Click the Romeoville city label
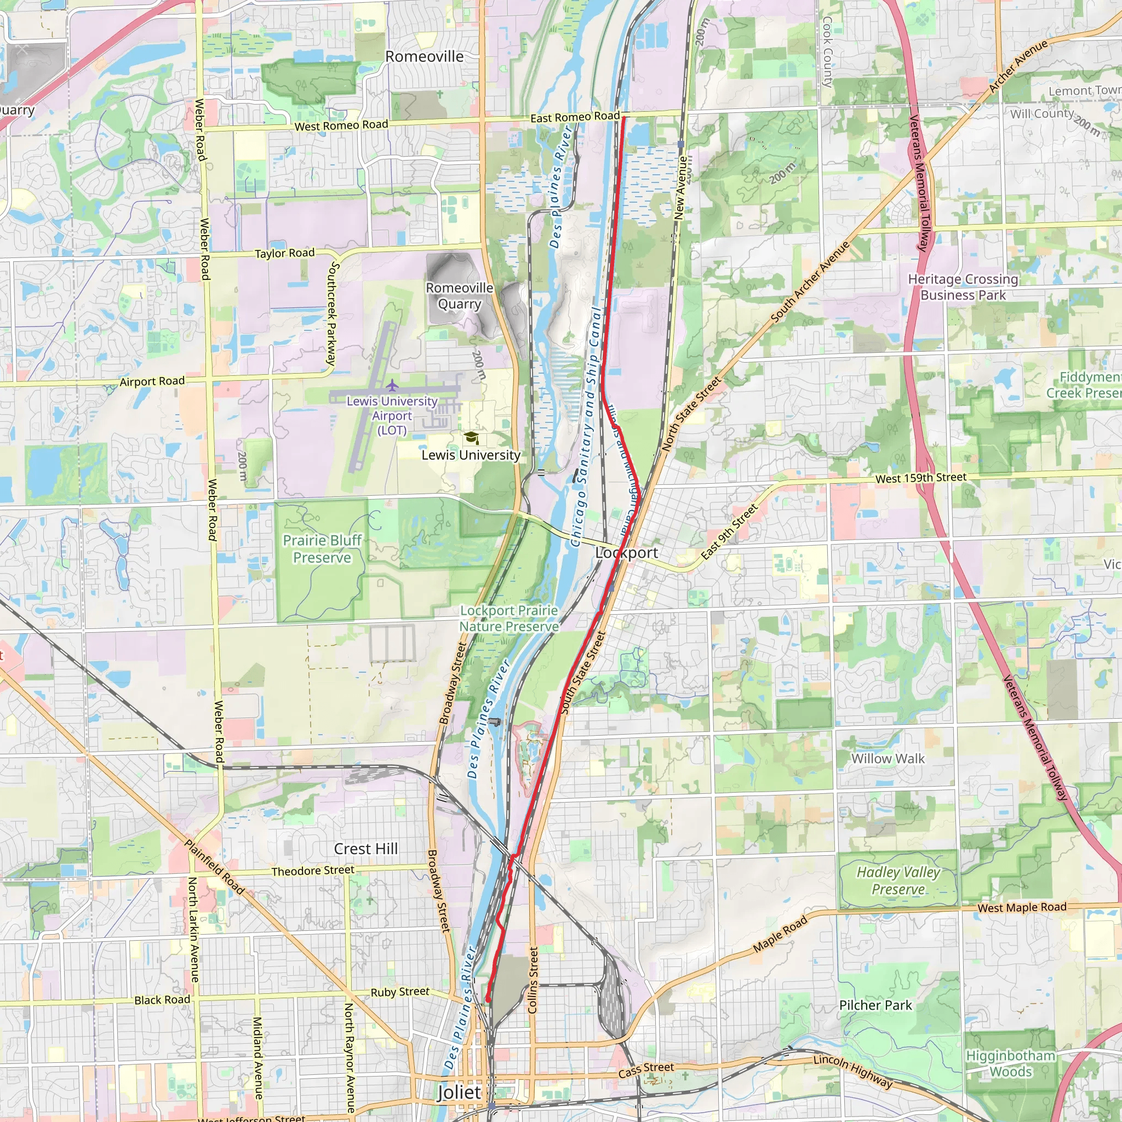(425, 56)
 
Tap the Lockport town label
(627, 553)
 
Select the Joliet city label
(459, 1092)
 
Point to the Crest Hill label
(366, 849)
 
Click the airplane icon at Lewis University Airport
(393, 385)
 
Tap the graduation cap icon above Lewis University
(471, 437)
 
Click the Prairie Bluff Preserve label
(322, 549)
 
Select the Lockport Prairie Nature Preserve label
(509, 619)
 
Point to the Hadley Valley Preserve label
(898, 880)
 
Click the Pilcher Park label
(875, 1005)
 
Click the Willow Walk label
(888, 758)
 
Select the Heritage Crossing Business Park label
(963, 287)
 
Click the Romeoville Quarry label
(459, 296)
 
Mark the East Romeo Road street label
(575, 117)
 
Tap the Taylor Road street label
(284, 253)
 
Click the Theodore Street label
(312, 871)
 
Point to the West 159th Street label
(920, 478)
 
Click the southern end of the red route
(488, 999)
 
